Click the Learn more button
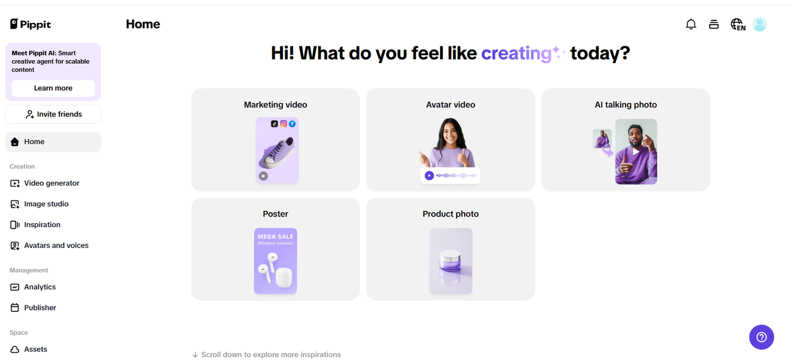coord(53,88)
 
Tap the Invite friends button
coord(53,114)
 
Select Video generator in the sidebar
coord(51,183)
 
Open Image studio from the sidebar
coord(46,204)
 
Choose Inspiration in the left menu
coord(42,225)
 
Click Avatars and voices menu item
coord(56,246)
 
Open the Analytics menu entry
coord(40,287)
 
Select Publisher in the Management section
coord(40,307)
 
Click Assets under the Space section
coord(35,349)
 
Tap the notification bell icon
coord(691,24)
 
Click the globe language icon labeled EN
coord(738,24)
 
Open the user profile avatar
coord(760,24)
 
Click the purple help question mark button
coord(762,337)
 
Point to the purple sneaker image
coord(276,152)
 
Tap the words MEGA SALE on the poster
coord(276,236)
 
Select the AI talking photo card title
coord(626,105)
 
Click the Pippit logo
coord(30,24)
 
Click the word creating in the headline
coord(516,53)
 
